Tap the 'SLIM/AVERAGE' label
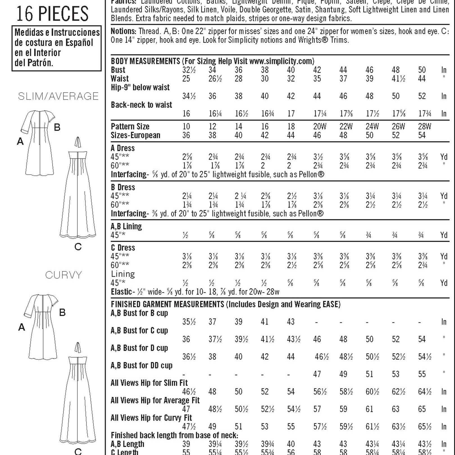coord(58,96)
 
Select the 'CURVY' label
coord(64,275)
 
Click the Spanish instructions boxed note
coord(56,48)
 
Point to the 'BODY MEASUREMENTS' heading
coord(145,61)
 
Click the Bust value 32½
coord(189,70)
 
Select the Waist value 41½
coord(398,79)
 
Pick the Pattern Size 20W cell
coord(320,126)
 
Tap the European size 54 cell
coord(422,135)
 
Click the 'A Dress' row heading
coord(123,148)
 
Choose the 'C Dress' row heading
coord(123,248)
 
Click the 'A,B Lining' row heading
coord(126,226)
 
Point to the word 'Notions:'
coord(124,31)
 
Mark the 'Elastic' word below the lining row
coord(121,292)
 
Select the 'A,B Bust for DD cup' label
coord(142,365)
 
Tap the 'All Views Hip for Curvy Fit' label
coord(151,418)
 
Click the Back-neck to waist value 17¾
coord(424,113)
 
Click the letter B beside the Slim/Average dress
coord(57,128)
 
